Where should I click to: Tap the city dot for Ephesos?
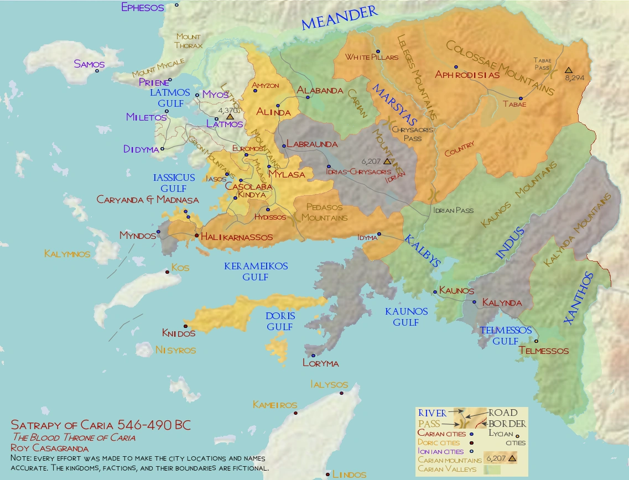point(177,5)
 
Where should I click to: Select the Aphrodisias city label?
point(467,75)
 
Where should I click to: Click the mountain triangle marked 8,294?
point(568,71)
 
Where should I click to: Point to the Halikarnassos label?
point(237,237)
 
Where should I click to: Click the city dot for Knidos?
point(185,326)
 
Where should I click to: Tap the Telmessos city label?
point(544,351)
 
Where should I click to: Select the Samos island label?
point(89,64)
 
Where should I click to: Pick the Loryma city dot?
point(313,356)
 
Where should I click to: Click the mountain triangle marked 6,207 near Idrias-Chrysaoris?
point(387,161)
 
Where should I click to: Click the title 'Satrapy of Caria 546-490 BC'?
point(101,426)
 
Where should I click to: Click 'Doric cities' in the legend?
point(440,442)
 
